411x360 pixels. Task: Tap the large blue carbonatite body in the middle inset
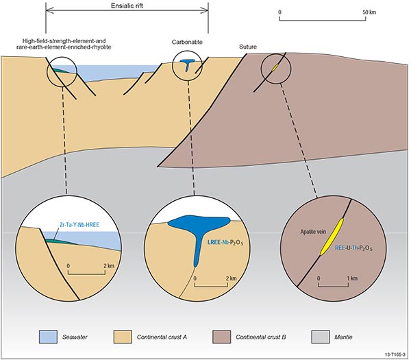[189, 227]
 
